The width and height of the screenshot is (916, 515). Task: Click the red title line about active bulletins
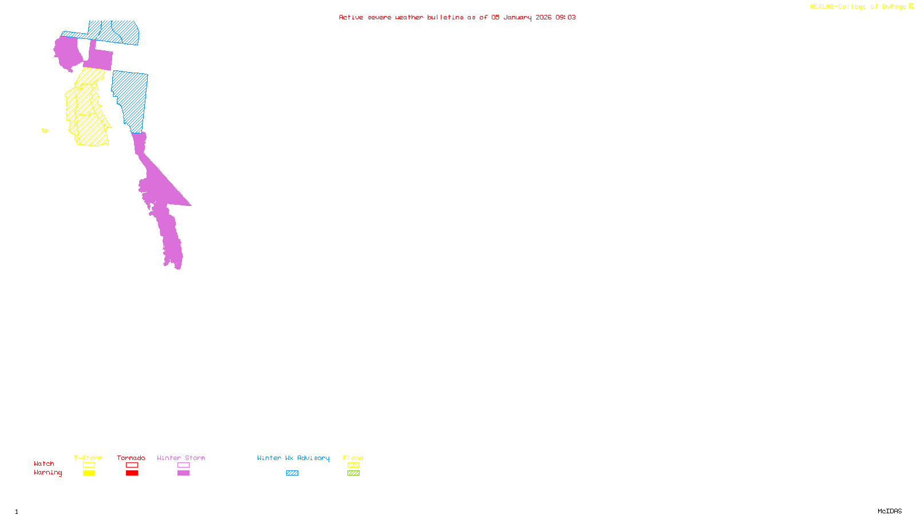pos(457,17)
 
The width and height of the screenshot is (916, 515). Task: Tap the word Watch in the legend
pos(44,463)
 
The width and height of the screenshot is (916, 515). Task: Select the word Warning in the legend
pos(48,473)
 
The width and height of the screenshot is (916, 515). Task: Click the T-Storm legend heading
pos(88,458)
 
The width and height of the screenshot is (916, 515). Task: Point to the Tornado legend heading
pos(131,458)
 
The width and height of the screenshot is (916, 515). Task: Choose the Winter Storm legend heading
pos(181,458)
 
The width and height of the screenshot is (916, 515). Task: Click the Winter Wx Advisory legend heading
pos(293,458)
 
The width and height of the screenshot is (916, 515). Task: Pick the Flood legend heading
pos(353,458)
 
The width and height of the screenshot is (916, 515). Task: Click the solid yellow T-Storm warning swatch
pos(89,473)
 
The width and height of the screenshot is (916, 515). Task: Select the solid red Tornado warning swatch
pos(132,473)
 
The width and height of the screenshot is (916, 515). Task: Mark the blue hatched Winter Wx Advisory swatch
pos(292,473)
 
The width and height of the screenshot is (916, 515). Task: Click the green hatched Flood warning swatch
pos(354,473)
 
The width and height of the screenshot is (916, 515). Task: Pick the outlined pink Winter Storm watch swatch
pos(183,465)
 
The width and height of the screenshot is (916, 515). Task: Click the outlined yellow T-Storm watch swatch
pos(89,465)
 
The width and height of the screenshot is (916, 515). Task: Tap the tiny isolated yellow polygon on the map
pos(45,130)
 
